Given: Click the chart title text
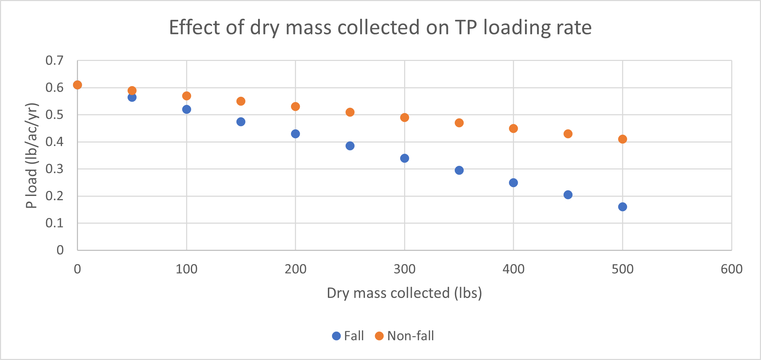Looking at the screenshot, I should [380, 27].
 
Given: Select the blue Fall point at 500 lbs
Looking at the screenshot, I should [622, 207].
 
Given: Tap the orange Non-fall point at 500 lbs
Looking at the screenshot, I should [622, 139].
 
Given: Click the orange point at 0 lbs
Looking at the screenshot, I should [77, 85].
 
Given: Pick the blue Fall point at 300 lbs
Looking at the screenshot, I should [404, 158].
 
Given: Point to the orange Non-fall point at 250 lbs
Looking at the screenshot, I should [350, 112].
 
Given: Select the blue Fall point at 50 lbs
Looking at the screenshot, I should [132, 97].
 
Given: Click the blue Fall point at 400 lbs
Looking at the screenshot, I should [513, 182].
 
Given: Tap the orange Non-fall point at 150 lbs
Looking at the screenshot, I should [241, 101].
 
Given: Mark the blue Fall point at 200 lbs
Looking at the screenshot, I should [295, 134].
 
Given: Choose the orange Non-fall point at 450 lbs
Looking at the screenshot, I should [568, 134].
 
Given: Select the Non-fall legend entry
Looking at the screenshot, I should [404, 336].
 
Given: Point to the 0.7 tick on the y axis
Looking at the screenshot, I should [54, 61].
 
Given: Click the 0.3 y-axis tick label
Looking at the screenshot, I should [54, 169].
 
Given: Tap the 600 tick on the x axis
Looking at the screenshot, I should [732, 269].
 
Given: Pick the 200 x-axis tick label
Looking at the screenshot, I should [295, 269].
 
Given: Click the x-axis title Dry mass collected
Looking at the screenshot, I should [404, 293].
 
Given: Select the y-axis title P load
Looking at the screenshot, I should [32, 155].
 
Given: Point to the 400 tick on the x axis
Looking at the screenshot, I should [513, 269].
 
